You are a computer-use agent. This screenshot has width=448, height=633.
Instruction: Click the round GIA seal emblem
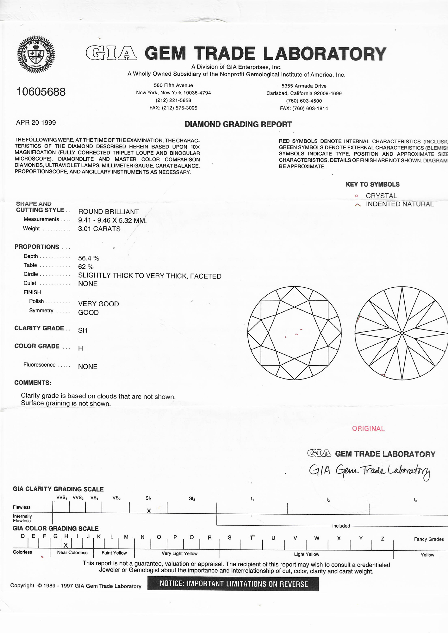[x=36, y=54]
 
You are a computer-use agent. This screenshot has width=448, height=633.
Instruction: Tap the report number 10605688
[x=41, y=92]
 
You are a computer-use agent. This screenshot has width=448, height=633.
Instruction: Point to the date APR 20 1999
[x=36, y=122]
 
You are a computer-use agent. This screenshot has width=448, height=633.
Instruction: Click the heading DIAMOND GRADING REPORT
[x=238, y=124]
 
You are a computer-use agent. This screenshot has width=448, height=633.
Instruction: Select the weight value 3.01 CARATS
[x=99, y=229]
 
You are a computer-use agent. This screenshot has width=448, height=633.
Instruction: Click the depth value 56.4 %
[x=89, y=258]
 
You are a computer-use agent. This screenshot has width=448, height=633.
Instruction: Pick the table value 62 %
[x=86, y=267]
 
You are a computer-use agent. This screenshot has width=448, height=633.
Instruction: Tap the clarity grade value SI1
[x=83, y=330]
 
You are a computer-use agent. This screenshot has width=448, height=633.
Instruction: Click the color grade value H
[x=80, y=348]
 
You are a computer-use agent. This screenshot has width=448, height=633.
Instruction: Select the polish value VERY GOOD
[x=98, y=304]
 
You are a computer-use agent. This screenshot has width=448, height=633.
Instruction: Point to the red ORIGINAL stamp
[x=368, y=429]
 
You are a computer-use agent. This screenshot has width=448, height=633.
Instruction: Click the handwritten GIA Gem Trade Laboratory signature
[x=369, y=471]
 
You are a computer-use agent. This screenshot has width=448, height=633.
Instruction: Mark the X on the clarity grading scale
[x=149, y=511]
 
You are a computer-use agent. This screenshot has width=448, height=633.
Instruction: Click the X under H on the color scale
[x=66, y=545]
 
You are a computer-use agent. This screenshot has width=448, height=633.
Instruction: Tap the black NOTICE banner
[x=233, y=584]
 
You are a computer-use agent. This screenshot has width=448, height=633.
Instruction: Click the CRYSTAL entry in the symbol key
[x=381, y=196]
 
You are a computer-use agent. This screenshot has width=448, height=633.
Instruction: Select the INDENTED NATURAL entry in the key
[x=399, y=204]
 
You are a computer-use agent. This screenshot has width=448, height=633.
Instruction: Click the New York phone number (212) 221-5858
[x=173, y=100]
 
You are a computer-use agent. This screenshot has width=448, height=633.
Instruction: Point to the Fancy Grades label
[x=429, y=539]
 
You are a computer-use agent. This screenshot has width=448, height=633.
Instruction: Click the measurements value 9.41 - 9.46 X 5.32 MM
[x=112, y=220]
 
